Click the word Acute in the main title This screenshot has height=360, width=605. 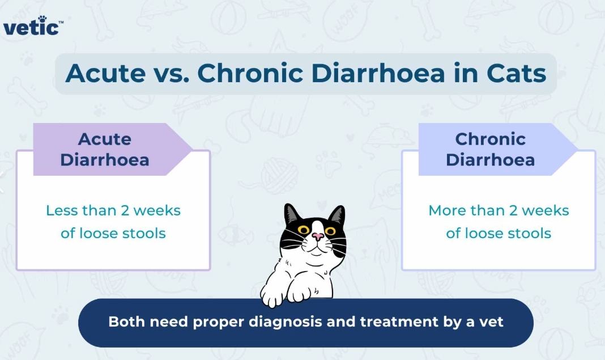pos(106,74)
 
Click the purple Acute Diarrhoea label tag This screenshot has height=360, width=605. pos(105,150)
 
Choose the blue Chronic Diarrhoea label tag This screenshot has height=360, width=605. pos(491,150)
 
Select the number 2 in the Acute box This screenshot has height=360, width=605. pos(125,210)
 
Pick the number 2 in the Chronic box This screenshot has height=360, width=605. pos(512,210)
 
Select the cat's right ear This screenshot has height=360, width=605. pos(338,215)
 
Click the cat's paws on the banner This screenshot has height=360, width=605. pos(286,293)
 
